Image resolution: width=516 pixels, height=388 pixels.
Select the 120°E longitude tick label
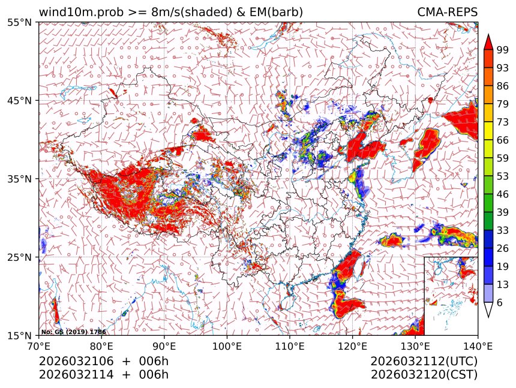click(x=352, y=345)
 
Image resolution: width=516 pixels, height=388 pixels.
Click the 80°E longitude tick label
click(x=101, y=345)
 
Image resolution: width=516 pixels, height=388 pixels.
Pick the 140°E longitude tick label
click(x=478, y=345)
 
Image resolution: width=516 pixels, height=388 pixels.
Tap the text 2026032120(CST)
click(x=424, y=375)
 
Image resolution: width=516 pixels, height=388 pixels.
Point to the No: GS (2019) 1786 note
click(x=73, y=332)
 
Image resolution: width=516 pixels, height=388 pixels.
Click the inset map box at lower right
click(x=451, y=295)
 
